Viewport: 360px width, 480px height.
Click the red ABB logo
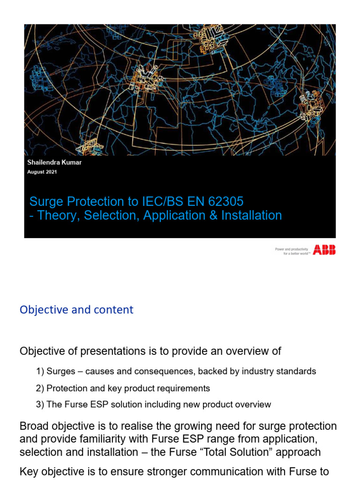tap(324, 250)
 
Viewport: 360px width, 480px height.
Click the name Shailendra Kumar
tap(54, 163)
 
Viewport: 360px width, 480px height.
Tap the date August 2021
tap(42, 172)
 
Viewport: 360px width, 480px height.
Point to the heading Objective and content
tap(76, 310)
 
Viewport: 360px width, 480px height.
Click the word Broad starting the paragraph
tap(32, 427)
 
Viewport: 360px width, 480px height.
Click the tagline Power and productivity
tap(291, 249)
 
